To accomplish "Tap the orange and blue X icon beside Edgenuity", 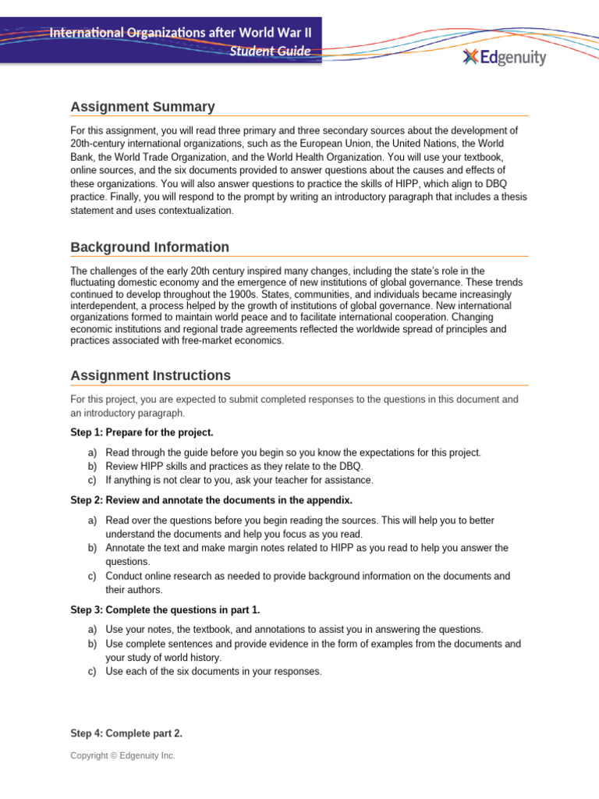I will (x=470, y=57).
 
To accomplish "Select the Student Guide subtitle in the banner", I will (x=270, y=51).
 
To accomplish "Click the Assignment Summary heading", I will (x=143, y=107).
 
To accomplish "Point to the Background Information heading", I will (x=150, y=247).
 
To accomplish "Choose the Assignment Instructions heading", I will (x=151, y=375).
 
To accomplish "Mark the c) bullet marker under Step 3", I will (x=90, y=671).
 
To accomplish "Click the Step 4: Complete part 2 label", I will (x=121, y=733).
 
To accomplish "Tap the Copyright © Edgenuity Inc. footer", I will (x=122, y=755).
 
